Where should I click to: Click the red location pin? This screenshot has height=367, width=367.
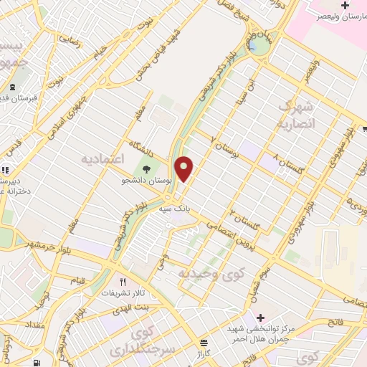[x=185, y=168]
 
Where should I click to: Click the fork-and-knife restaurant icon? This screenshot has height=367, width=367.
[x=123, y=282]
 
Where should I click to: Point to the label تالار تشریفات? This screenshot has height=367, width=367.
[x=117, y=294]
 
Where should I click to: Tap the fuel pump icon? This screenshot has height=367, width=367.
[x=37, y=362]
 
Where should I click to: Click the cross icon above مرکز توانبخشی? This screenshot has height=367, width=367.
[x=259, y=318]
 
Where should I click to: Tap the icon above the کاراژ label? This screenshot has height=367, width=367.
[x=204, y=343]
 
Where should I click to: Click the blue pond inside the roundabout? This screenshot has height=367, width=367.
[x=253, y=47]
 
